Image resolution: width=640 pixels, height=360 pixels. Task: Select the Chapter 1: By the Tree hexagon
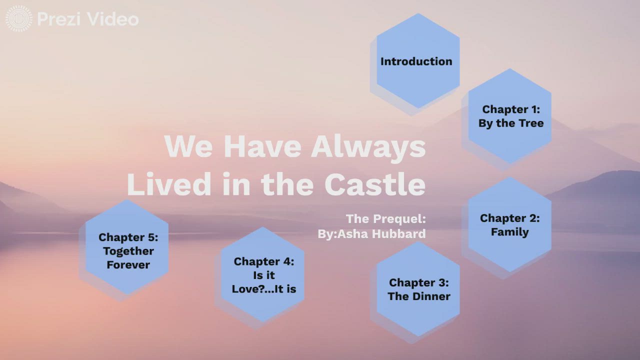(510, 116)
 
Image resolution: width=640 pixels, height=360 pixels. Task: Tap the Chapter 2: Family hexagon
(510, 224)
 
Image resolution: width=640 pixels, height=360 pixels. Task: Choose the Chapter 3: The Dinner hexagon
(418, 289)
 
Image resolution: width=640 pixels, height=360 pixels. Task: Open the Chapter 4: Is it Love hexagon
(262, 275)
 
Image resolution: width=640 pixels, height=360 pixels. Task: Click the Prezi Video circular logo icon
(18, 19)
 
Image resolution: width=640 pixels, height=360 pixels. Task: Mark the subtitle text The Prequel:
(385, 218)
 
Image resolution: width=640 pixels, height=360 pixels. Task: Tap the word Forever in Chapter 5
(128, 265)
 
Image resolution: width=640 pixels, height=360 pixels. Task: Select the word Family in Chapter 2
(510, 232)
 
